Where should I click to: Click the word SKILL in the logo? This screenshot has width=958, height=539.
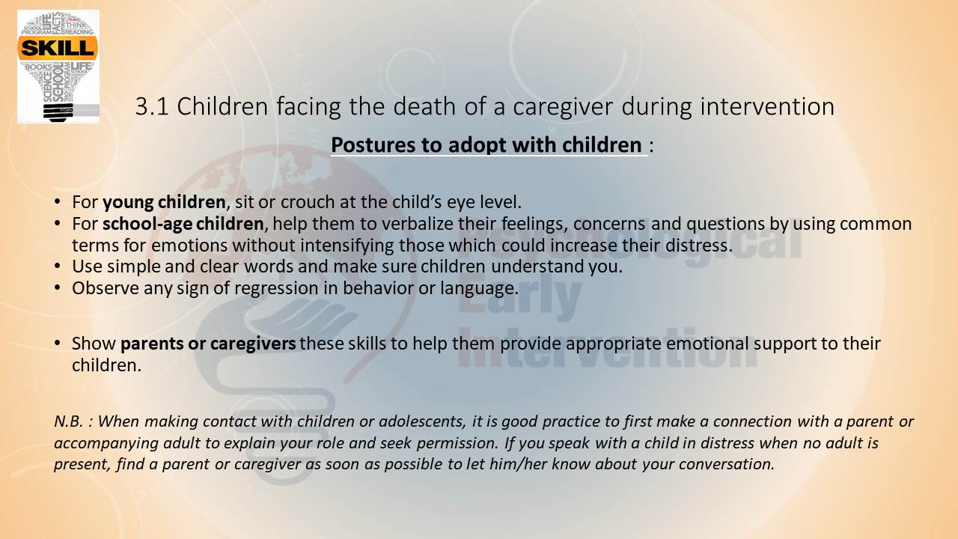click(x=58, y=48)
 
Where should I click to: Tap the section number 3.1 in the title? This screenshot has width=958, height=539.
click(x=152, y=106)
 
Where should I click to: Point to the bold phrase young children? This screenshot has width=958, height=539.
click(x=164, y=202)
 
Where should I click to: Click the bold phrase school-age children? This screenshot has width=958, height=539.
click(x=183, y=224)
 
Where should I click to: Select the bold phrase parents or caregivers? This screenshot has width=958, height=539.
click(x=208, y=344)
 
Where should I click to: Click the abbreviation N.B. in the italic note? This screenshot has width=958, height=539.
click(x=68, y=421)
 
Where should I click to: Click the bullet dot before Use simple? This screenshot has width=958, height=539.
click(x=58, y=267)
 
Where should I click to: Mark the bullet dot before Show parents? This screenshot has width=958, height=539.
click(x=58, y=344)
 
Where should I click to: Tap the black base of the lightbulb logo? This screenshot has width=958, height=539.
click(x=58, y=112)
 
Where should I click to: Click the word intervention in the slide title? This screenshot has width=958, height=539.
click(x=767, y=106)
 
